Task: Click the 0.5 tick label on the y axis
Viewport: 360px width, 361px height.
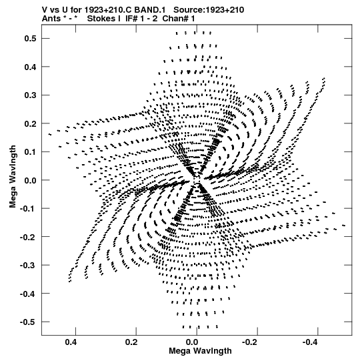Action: click(x=31, y=39)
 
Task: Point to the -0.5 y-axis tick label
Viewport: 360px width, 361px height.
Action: click(x=28, y=322)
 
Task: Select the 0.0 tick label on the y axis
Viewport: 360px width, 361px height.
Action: click(x=31, y=180)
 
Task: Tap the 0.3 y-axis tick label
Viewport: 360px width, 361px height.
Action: click(x=31, y=95)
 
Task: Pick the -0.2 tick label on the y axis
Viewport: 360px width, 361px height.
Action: click(x=28, y=237)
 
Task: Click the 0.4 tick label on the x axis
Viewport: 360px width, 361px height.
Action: click(x=71, y=342)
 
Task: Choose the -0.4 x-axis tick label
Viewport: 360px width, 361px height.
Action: click(x=309, y=342)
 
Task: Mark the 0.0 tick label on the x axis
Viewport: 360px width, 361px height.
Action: click(x=192, y=342)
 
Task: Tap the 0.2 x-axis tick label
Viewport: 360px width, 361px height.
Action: click(x=131, y=342)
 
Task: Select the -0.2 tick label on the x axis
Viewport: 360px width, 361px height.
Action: click(x=249, y=342)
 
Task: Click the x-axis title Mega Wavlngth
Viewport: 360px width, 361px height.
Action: click(x=200, y=351)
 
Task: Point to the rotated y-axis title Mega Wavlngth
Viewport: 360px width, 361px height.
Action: click(x=13, y=177)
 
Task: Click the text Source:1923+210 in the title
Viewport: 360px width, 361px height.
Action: click(x=209, y=10)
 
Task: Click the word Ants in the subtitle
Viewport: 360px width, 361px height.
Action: click(x=51, y=19)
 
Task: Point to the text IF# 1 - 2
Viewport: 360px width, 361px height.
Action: click(x=141, y=19)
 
